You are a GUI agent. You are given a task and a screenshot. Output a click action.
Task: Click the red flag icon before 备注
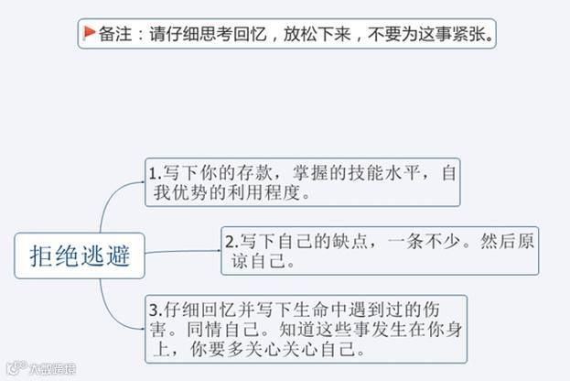tap(90, 34)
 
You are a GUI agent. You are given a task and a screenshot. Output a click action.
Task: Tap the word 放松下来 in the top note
tap(322, 34)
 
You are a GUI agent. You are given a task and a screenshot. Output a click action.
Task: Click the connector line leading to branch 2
tap(183, 251)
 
